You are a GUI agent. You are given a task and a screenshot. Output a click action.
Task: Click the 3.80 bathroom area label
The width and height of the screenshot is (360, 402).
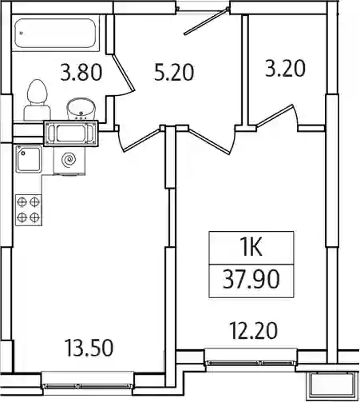click(x=81, y=73)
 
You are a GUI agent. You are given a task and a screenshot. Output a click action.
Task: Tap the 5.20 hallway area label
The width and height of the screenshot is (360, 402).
click(x=174, y=73)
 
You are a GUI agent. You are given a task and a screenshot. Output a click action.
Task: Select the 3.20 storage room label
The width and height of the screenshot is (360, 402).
click(x=285, y=69)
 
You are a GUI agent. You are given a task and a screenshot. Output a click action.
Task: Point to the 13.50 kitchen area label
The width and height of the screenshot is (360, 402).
click(x=89, y=348)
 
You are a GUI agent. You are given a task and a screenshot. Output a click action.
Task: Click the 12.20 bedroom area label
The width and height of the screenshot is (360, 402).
click(x=253, y=331)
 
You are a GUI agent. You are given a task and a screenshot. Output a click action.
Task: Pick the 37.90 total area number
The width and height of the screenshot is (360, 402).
click(x=251, y=279)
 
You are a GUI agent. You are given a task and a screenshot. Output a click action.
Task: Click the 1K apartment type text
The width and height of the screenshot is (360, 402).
click(x=251, y=248)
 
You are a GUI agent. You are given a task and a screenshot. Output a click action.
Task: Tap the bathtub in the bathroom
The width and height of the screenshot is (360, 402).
click(x=55, y=33)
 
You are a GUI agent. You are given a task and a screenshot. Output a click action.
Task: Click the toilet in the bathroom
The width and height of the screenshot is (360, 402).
click(x=38, y=100)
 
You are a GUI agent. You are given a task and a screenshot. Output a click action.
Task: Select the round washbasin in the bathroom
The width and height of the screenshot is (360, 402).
click(x=81, y=109)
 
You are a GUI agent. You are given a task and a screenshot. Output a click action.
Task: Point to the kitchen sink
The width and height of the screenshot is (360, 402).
click(x=29, y=159)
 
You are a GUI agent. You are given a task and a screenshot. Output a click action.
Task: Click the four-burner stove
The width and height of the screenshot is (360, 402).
click(x=29, y=210)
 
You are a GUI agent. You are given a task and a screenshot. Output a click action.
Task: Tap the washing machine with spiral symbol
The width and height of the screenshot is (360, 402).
click(x=69, y=160)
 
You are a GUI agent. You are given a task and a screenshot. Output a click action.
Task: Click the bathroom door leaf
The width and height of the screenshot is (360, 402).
click(x=123, y=73)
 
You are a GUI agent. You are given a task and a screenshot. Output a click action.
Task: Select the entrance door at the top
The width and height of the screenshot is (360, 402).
click(x=206, y=22)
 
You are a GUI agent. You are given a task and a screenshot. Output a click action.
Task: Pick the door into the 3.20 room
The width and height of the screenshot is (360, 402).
click(x=275, y=116)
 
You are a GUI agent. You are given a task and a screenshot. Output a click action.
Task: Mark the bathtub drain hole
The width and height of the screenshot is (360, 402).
click(x=22, y=34)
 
